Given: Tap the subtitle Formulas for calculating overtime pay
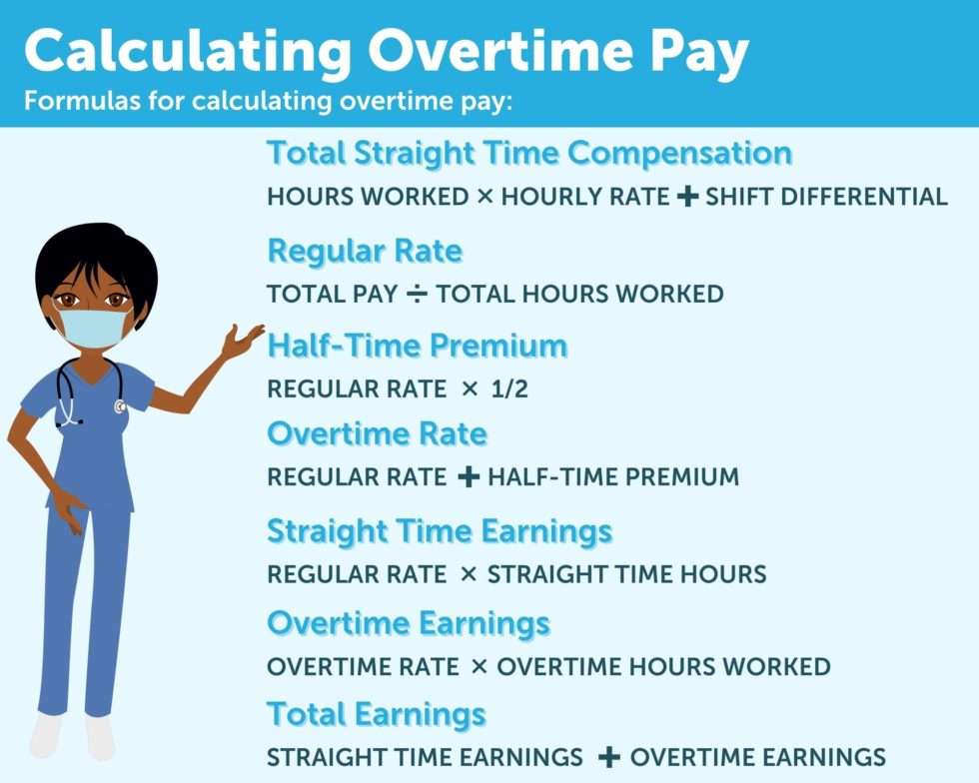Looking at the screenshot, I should pos(268,102).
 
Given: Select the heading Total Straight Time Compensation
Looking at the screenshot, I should pos(528,154).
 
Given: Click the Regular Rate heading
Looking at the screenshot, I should pos(365,251).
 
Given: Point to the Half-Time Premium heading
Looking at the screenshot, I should pos(417,347).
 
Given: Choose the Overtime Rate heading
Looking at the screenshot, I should pos(377,434).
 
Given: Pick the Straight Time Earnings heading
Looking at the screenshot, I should pos(439,531).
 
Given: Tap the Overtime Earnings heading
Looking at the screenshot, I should pos(408,623).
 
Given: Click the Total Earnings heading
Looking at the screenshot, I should pos(376,714).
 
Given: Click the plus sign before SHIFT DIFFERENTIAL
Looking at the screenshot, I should pos(686,197).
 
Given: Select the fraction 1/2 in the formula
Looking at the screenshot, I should pos(509,390).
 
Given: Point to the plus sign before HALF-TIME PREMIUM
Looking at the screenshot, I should pos(468,477).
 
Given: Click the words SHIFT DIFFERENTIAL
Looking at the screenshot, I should pos(826,197).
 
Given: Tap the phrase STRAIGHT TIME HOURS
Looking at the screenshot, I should pos(626,574).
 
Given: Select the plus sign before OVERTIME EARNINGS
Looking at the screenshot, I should pos(608,757).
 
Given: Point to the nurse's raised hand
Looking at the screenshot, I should pos(242,342).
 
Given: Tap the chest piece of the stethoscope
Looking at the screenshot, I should pos(120,406).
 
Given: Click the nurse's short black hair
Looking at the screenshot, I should pos(95,256).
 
